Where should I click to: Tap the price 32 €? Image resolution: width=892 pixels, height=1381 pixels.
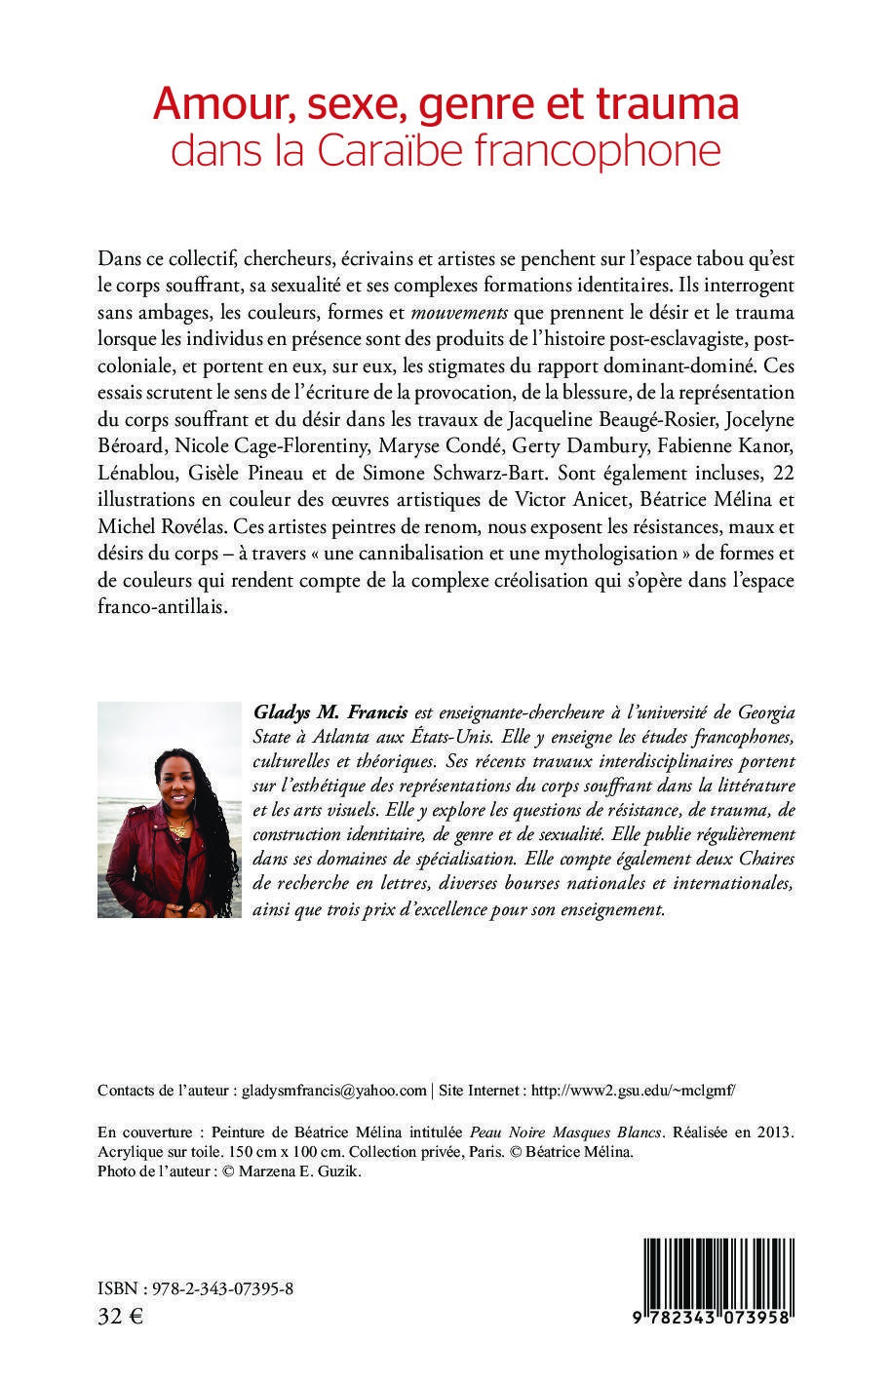(x=121, y=1318)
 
